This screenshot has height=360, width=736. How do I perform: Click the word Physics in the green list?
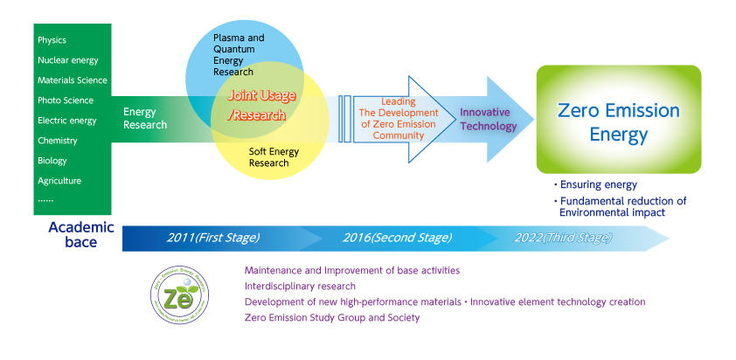52,40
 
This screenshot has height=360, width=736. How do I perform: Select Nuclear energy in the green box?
68,60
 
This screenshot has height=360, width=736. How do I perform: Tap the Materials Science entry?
73,80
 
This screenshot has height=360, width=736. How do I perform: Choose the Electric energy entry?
67,121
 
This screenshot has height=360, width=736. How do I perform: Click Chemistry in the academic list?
58,141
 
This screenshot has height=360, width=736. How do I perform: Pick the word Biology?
52,161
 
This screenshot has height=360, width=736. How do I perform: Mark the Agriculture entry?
59,181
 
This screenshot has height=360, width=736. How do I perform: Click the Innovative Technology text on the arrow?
489,120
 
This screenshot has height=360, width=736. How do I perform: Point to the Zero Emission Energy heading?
618,122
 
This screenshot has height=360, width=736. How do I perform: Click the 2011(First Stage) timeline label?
213,237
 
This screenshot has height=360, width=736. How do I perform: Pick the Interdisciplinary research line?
300,286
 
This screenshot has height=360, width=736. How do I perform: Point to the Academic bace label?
80,233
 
